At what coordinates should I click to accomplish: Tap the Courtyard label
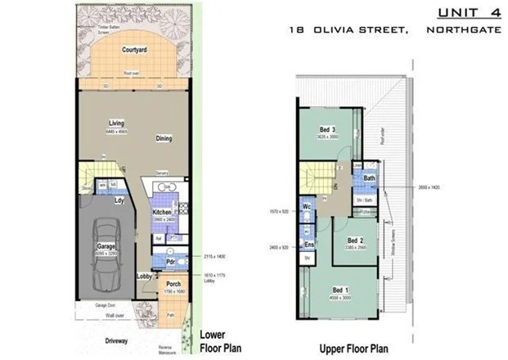(x=134, y=50)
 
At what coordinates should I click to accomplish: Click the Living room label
(x=116, y=124)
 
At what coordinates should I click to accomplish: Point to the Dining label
(x=164, y=138)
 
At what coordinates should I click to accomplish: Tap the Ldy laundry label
(x=119, y=200)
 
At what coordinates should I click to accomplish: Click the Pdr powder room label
(x=171, y=262)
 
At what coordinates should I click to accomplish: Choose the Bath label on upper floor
(x=370, y=178)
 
